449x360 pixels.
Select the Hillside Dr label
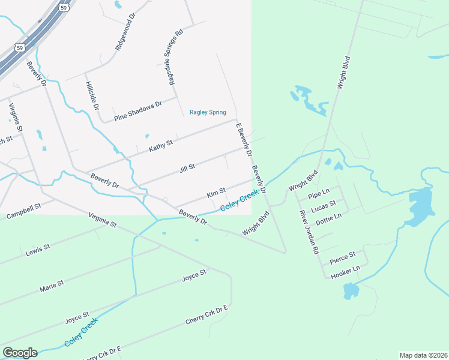(x=92, y=95)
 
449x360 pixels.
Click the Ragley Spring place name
(x=208, y=112)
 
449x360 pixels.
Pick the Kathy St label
(x=161, y=145)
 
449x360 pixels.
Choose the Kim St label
(x=215, y=193)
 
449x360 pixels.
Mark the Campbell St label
(x=23, y=211)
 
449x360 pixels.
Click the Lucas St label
(x=324, y=206)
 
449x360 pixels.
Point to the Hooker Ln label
(x=345, y=272)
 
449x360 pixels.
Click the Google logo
(x=20, y=352)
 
